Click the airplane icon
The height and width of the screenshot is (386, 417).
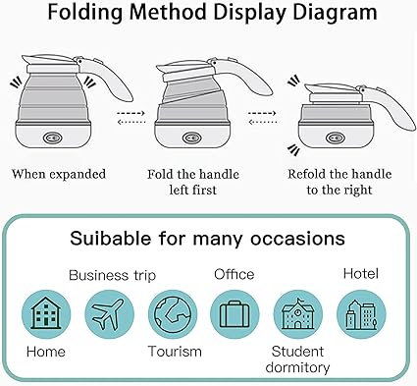109,314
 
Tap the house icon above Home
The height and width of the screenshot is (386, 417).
46,314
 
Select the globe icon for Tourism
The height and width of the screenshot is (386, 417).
173,314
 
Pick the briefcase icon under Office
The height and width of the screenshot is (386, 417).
235,314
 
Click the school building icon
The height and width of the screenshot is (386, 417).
298,314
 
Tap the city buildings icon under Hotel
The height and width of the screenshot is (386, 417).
361,314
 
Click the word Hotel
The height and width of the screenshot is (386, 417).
361,273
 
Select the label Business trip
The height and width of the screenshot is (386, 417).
112,275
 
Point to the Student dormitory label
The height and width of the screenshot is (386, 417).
297,359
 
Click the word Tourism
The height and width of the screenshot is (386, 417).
175,352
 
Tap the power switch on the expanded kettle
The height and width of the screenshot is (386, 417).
53,138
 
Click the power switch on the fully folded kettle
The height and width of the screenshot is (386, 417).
336,138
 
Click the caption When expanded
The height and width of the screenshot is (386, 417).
59,174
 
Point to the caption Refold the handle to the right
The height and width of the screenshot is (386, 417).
339,182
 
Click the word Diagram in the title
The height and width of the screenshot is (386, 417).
335,12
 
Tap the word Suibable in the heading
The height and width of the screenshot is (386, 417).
111,238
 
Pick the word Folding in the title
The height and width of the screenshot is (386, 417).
85,12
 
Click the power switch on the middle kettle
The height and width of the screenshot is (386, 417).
191,138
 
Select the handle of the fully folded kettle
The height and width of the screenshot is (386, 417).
391,106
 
